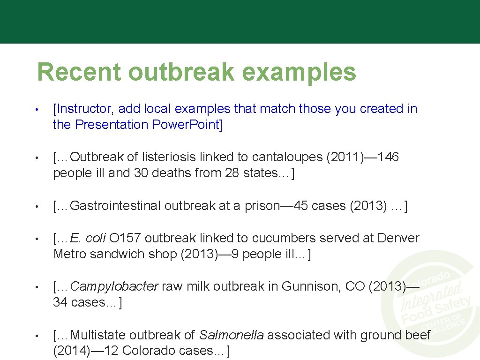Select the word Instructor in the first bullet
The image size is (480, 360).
84,109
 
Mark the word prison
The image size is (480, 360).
262,206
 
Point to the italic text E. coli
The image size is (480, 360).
88,238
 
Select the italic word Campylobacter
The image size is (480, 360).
114,286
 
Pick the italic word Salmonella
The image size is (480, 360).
231,335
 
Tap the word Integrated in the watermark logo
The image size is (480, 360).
431,296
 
